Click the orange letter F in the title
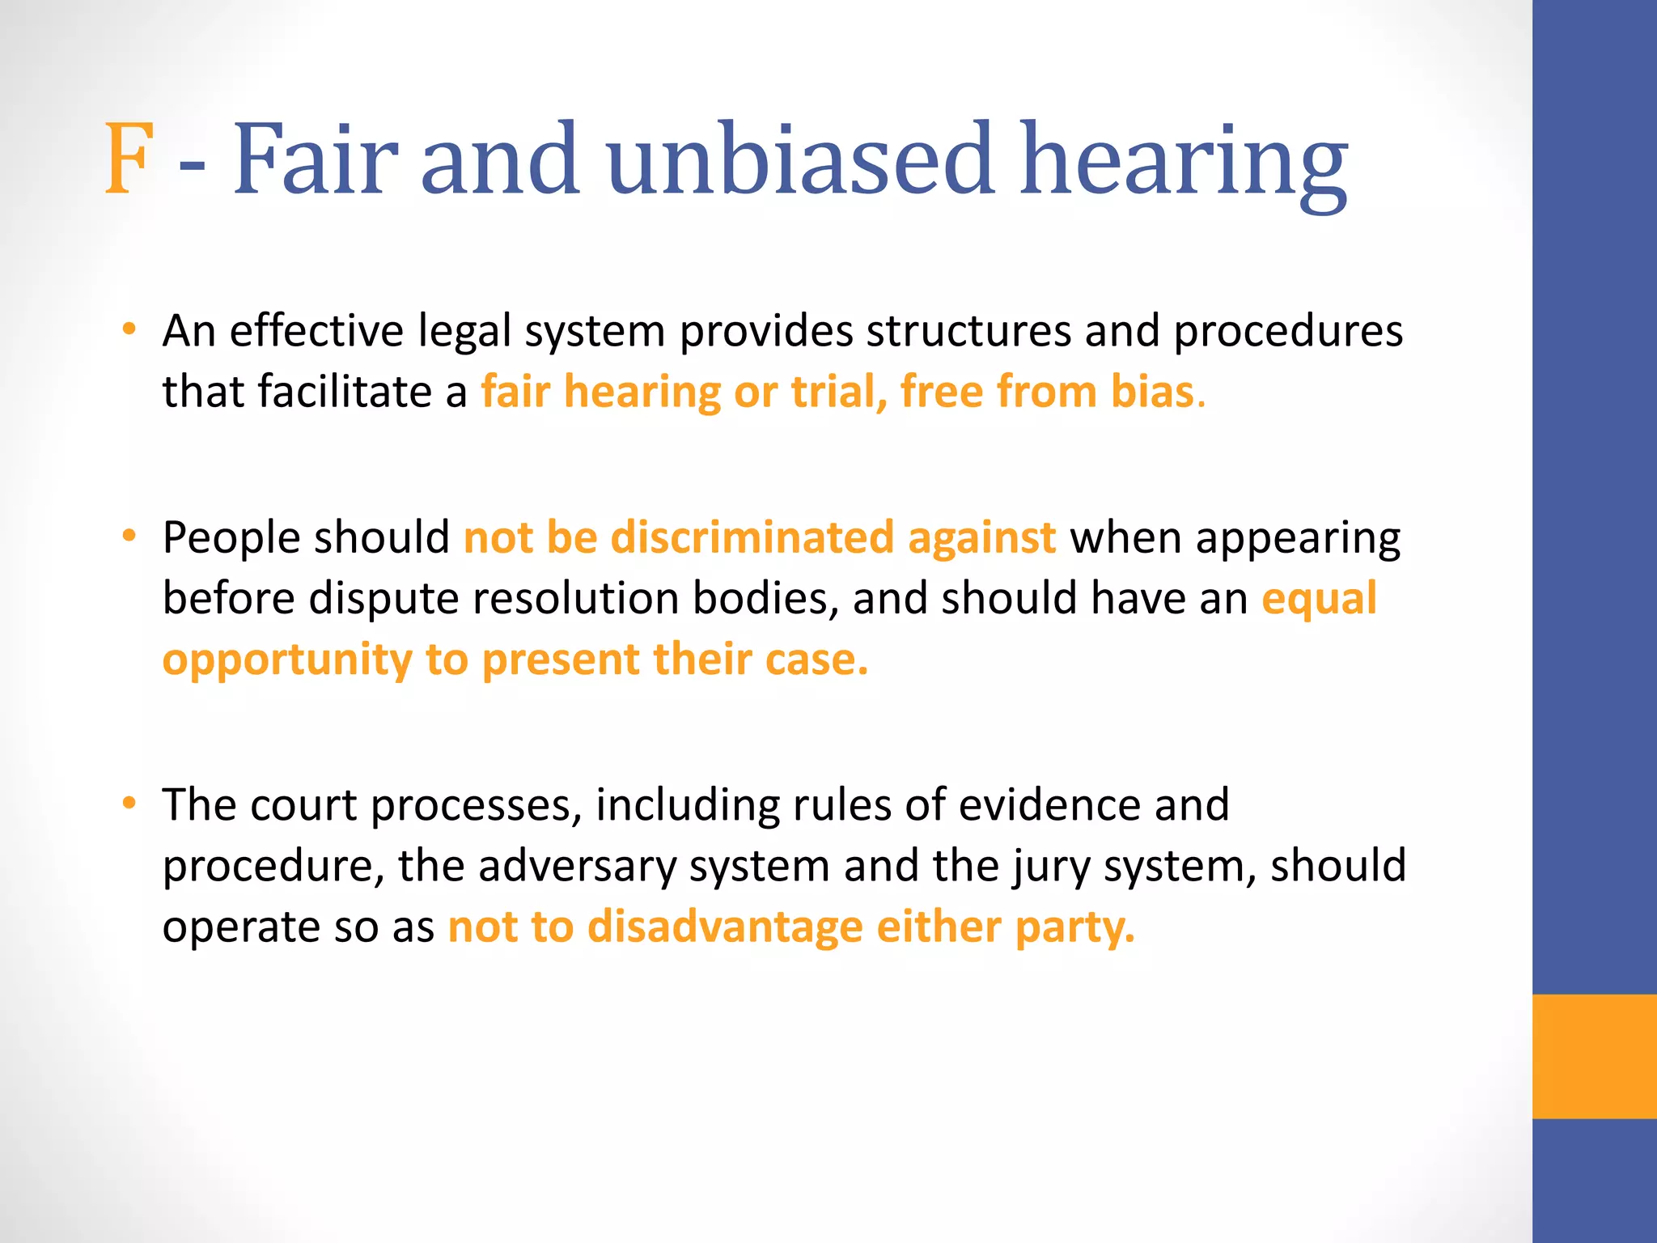[x=129, y=159]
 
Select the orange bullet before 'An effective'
[x=129, y=329]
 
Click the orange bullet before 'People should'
[x=129, y=536]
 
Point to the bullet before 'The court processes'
[x=129, y=804]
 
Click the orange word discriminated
[x=752, y=537]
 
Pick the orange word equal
[x=1319, y=599]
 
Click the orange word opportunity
[x=287, y=660]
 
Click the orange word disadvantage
[x=725, y=927]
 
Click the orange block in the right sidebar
[x=1594, y=1056]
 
